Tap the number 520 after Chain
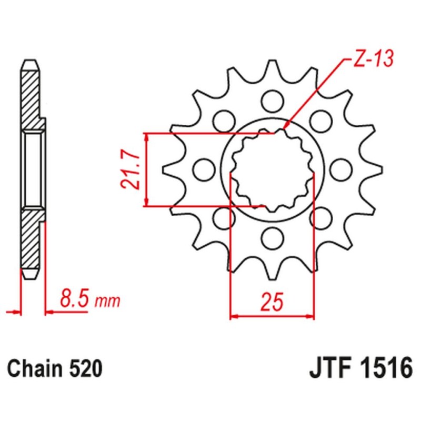click(x=84, y=368)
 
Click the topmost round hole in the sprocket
click(x=272, y=98)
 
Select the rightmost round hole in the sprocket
click(x=343, y=169)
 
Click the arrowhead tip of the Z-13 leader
click(x=284, y=128)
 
